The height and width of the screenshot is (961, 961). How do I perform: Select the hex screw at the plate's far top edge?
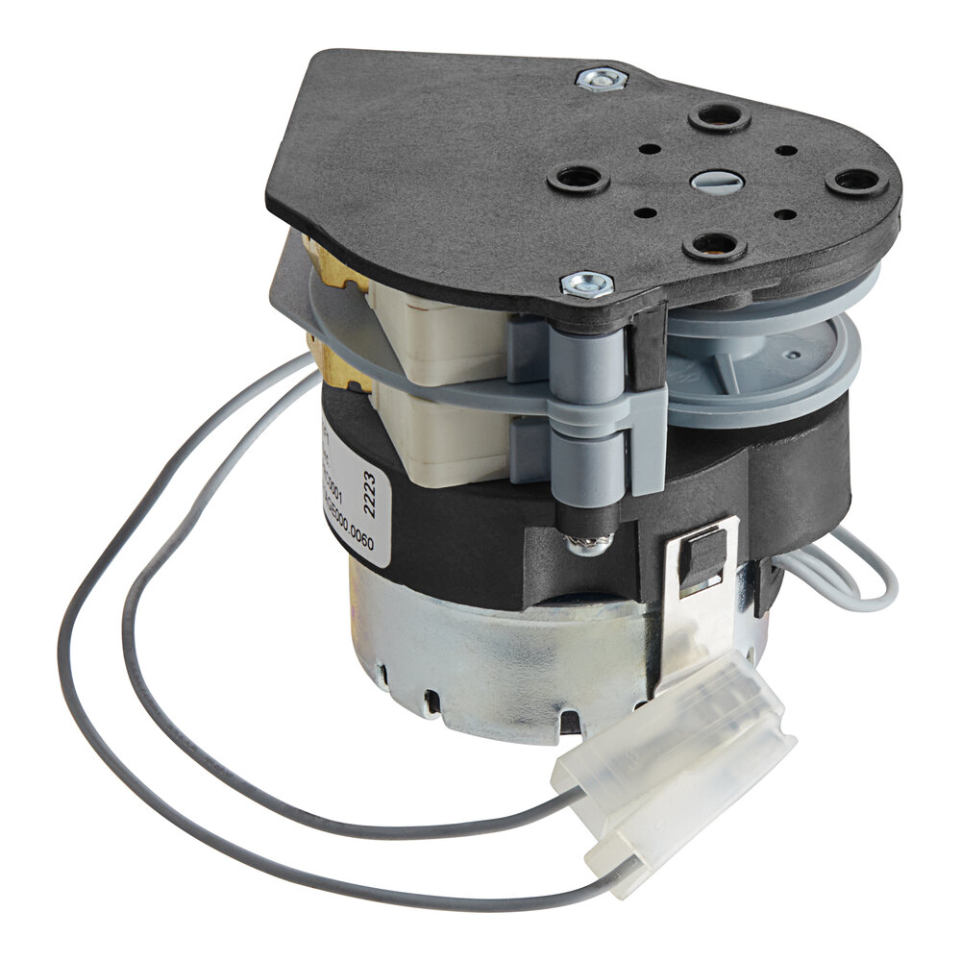point(602,79)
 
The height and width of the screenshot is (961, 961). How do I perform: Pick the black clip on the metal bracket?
point(702,556)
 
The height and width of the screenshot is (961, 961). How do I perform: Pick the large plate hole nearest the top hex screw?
point(718,117)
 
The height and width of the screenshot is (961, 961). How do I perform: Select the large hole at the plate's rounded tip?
point(855,182)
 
